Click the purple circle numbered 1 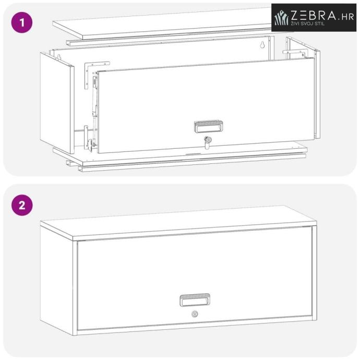(x=22, y=22)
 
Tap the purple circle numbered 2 (x=22, y=205)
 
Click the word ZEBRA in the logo (x=314, y=15)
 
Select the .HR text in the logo (x=346, y=17)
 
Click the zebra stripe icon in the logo (x=282, y=18)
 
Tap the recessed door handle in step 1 (x=209, y=127)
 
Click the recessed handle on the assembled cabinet (x=195, y=300)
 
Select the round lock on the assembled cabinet (x=195, y=314)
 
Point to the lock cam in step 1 (x=208, y=142)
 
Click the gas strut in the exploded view (x=94, y=110)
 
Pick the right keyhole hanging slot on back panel (x=262, y=44)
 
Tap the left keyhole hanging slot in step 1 (x=59, y=57)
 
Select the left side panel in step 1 (x=57, y=103)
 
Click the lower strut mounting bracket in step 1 (x=88, y=138)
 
